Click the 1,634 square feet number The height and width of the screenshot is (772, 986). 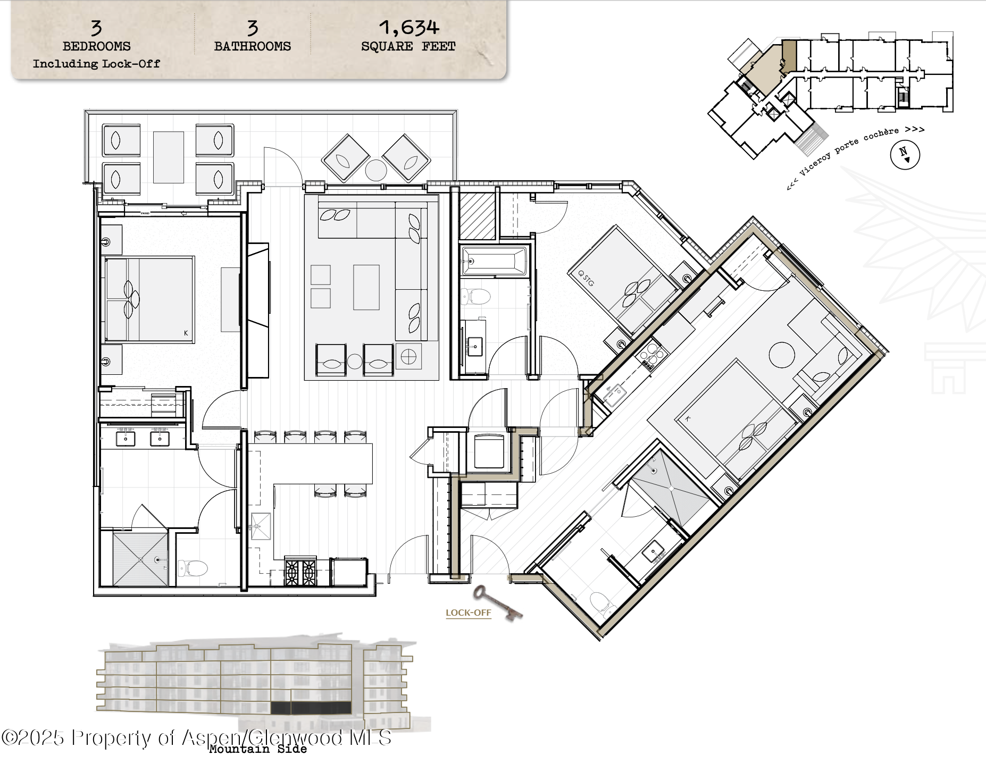point(408,27)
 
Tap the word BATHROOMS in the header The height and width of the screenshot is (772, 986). point(252,46)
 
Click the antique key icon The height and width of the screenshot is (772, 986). point(497,602)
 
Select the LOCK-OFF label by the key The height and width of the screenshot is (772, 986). point(468,612)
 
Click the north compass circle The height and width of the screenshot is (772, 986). point(905,155)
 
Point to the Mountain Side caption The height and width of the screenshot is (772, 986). point(258,749)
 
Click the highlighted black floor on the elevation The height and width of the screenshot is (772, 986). point(311,708)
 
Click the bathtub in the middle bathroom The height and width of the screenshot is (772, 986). point(494,261)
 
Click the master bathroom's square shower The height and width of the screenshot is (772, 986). point(140,560)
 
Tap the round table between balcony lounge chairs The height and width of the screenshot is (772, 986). point(376,170)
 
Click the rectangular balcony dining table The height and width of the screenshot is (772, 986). point(169,157)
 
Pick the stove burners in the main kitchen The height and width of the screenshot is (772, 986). point(300,573)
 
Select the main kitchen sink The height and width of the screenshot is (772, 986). point(261,526)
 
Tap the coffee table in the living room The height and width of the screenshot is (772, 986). point(366,287)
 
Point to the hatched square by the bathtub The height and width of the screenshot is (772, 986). point(477,216)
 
